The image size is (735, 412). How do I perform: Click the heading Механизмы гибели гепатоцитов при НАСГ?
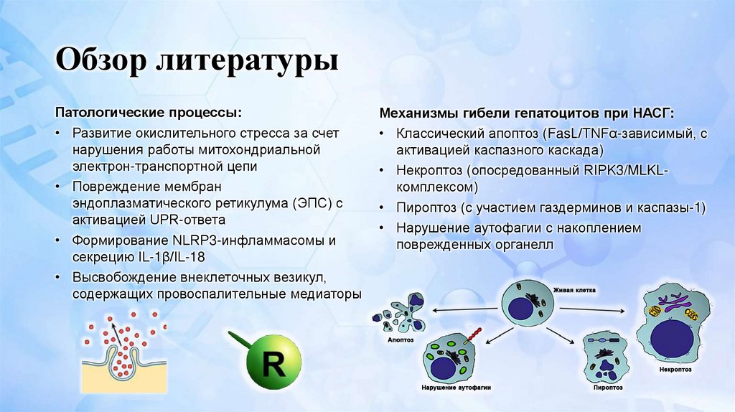(x=527, y=113)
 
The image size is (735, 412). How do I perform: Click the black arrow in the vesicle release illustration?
(x=113, y=332)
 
